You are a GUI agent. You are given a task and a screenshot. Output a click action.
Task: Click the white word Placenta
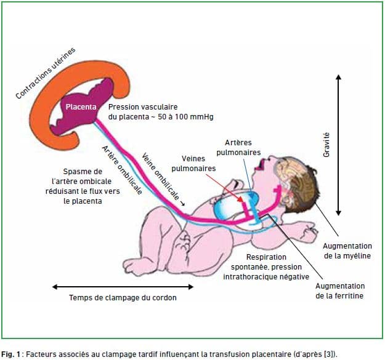pyautogui.click(x=81, y=107)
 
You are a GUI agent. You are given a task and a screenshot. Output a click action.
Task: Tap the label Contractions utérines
pyautogui.click(x=46, y=73)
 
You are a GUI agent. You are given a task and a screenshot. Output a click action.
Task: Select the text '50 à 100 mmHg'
pyautogui.click(x=185, y=117)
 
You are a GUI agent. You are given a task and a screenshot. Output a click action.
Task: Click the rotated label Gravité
pyautogui.click(x=326, y=145)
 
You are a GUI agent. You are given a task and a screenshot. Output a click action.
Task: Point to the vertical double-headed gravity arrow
pyautogui.click(x=338, y=145)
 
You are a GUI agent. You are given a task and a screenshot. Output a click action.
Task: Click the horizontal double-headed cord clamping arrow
pyautogui.click(x=123, y=287)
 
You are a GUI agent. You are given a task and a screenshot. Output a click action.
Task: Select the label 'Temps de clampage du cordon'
pyautogui.click(x=123, y=298)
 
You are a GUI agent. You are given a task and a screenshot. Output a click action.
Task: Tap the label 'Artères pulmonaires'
pyautogui.click(x=238, y=147)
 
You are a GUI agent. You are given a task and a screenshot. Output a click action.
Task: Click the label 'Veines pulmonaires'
pyautogui.click(x=193, y=163)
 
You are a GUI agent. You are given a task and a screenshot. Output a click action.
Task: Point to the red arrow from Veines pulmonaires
pyautogui.click(x=224, y=188)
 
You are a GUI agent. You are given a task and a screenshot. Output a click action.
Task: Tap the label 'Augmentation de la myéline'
pyautogui.click(x=347, y=251)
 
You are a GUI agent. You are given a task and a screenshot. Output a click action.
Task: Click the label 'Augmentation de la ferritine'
pyautogui.click(x=340, y=291)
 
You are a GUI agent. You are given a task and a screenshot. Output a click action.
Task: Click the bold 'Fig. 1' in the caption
pyautogui.click(x=10, y=354)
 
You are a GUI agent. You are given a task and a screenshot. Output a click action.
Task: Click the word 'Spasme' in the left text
pyautogui.click(x=74, y=172)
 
